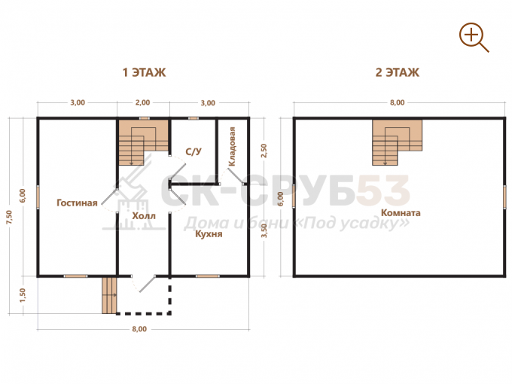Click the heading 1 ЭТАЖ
click(x=144, y=72)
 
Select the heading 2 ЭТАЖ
click(x=397, y=72)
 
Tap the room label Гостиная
click(x=77, y=203)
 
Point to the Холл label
click(x=144, y=216)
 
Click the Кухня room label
click(x=209, y=234)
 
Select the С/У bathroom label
click(x=194, y=151)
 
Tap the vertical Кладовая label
click(x=232, y=147)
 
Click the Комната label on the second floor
click(x=401, y=213)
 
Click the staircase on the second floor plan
click(x=397, y=142)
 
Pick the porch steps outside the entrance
click(x=109, y=295)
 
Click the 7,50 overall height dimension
click(x=9, y=217)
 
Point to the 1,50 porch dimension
click(x=22, y=295)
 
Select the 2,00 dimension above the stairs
click(x=143, y=102)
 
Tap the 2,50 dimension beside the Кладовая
click(x=264, y=151)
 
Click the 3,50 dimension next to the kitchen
click(x=264, y=230)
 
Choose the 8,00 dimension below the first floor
click(x=139, y=329)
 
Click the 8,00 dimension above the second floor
click(x=397, y=102)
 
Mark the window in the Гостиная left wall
click(x=38, y=197)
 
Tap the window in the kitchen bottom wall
click(x=208, y=276)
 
